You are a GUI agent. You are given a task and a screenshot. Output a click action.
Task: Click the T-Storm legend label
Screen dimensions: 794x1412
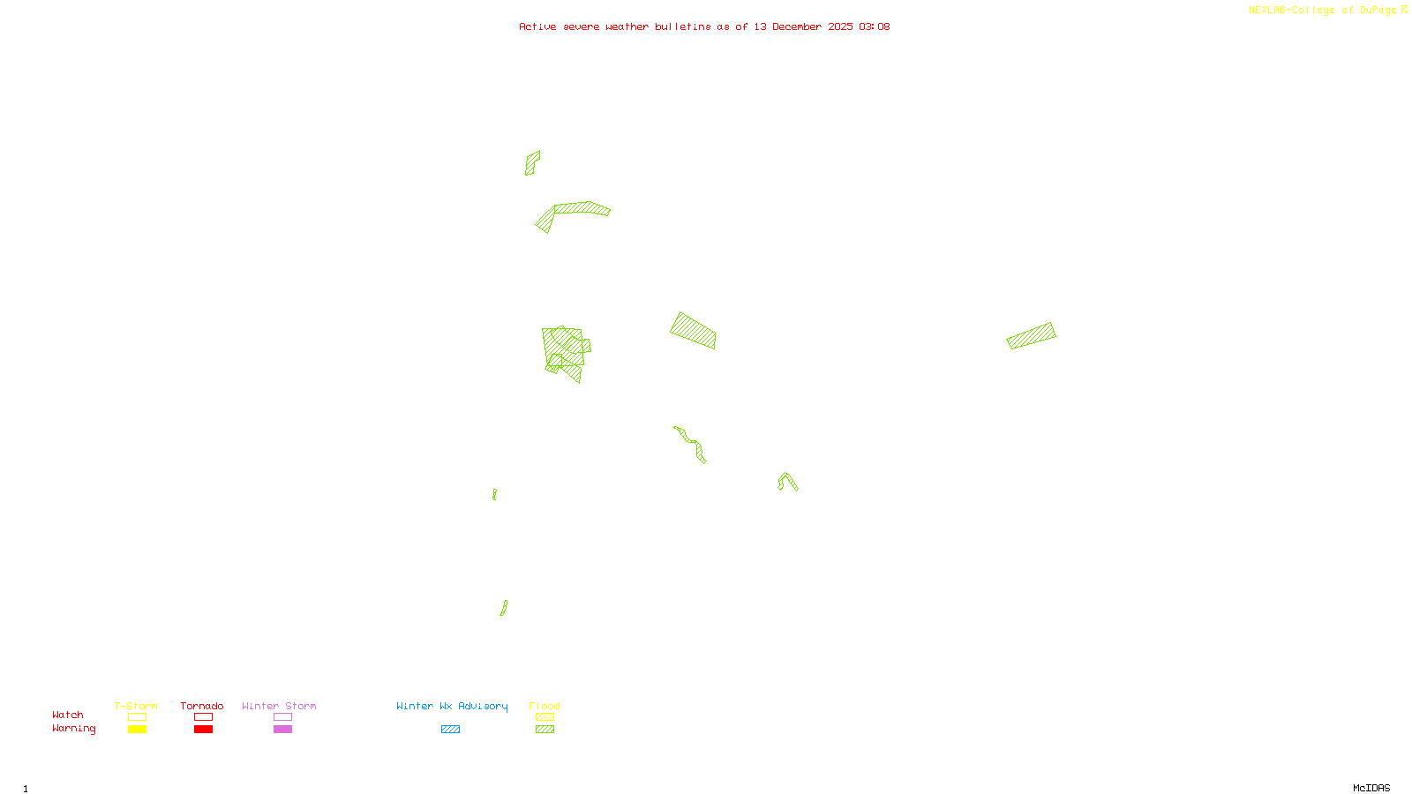[136, 706]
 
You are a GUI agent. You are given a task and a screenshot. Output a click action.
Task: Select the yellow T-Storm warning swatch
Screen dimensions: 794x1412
[137, 730]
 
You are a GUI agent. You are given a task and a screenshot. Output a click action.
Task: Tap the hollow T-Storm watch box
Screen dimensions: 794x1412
[137, 717]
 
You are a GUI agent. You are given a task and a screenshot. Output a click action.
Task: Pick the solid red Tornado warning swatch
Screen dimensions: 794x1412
[203, 730]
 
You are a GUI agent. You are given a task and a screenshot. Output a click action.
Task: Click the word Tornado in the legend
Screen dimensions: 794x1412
[202, 706]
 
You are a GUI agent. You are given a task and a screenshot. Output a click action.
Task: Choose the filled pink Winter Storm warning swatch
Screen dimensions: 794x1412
[282, 730]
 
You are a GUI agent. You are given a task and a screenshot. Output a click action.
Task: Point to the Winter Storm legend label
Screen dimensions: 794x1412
[279, 706]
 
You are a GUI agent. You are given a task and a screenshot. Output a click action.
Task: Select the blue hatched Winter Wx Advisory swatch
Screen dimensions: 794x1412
[450, 730]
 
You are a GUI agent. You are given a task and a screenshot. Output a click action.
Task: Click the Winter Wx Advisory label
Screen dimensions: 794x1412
[452, 706]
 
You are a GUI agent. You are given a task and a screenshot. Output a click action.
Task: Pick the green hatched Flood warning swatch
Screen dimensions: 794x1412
[545, 730]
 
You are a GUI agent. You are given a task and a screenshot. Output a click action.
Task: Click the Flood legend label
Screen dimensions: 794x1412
[545, 706]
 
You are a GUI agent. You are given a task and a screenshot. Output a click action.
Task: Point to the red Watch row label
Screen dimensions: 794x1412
[68, 715]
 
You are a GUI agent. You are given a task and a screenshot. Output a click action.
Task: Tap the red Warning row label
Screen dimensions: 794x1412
[74, 729]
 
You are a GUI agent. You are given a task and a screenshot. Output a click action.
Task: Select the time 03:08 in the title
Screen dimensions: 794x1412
[875, 26]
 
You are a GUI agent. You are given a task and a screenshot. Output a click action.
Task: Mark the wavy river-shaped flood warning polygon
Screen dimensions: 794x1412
[691, 443]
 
